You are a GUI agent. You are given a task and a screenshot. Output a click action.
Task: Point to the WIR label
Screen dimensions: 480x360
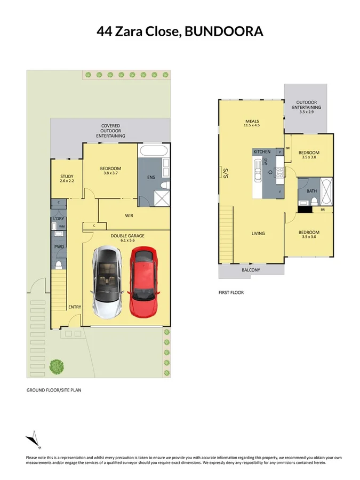point(129,215)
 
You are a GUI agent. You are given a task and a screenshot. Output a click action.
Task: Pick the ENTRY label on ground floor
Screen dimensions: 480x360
point(74,307)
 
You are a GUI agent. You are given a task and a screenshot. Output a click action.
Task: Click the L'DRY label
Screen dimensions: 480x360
point(58,219)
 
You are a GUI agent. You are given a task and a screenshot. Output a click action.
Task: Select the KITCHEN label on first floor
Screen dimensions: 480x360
point(262,152)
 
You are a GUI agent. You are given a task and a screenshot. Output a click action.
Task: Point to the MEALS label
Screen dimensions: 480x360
point(252,122)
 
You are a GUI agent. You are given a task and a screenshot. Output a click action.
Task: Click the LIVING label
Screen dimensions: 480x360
point(259,233)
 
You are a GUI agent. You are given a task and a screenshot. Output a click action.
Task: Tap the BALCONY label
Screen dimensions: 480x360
point(251,270)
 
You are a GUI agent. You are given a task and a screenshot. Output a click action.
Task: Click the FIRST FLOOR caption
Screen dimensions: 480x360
point(231,292)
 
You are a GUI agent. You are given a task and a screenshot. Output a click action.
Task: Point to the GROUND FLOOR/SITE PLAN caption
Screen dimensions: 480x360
point(54,390)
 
